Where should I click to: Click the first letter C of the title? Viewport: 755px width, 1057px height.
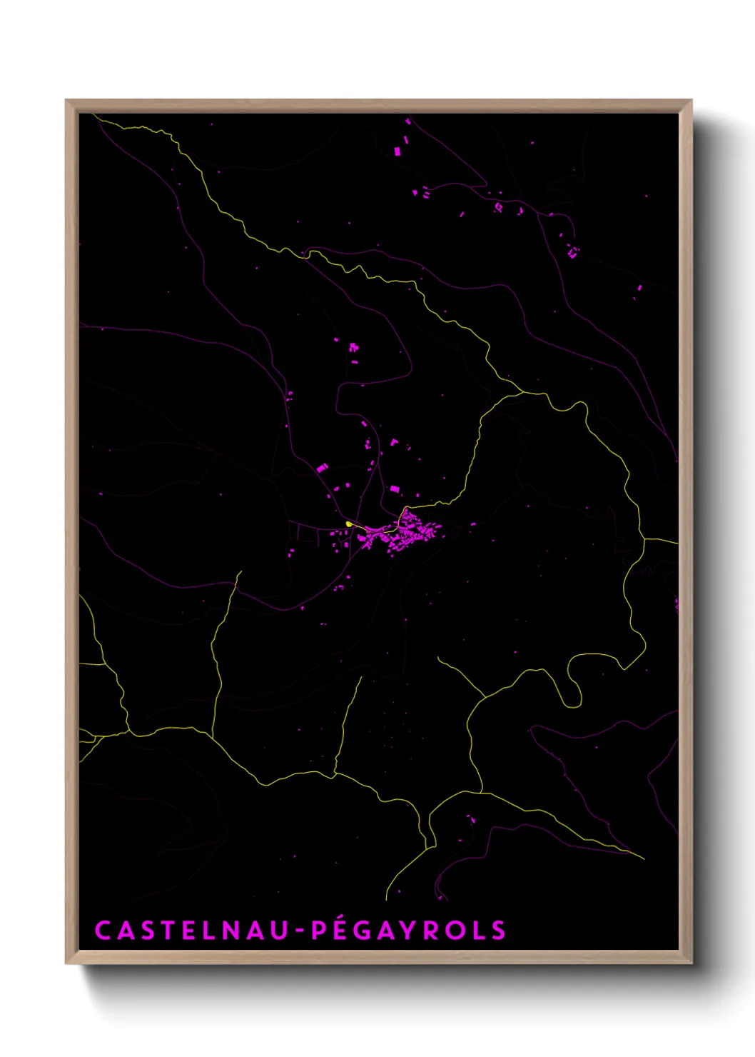point(103,931)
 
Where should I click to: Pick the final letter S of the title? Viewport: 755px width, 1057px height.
point(498,931)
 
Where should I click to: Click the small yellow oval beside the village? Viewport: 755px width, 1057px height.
point(349,524)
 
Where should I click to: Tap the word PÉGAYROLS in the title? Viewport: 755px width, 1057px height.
point(409,931)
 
